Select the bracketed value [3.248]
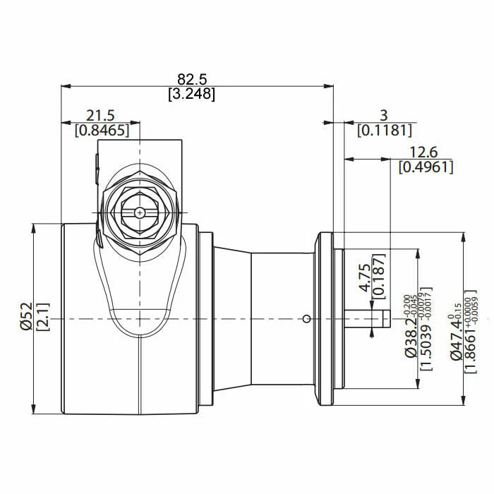coord(191,93)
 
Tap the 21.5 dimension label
coord(100,115)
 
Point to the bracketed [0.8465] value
coord(100,129)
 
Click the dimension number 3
coord(384,115)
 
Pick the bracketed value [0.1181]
coord(384,130)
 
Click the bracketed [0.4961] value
coord(426,167)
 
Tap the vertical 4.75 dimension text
coord(363,278)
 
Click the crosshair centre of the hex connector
coord(140,212)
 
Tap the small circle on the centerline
coord(305,319)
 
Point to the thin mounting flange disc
coord(326,319)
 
